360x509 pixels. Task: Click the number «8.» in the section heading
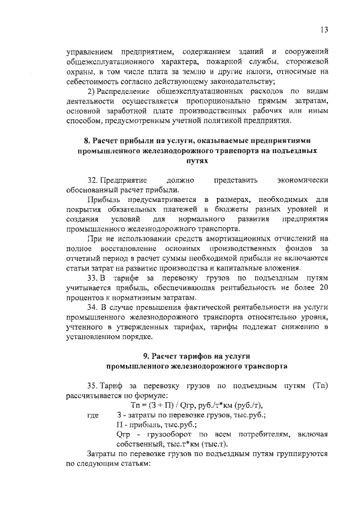[87, 141]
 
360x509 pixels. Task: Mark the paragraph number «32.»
[93, 181]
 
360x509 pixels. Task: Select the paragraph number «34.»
[93, 308]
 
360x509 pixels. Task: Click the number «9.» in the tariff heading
[146, 357]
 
